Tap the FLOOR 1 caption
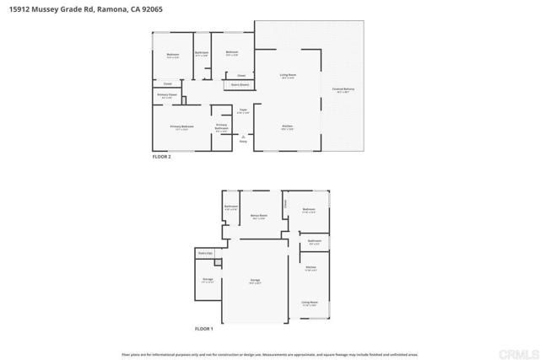(x=205, y=328)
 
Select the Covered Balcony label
(x=343, y=89)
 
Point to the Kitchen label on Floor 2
(x=288, y=127)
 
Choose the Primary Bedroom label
(x=182, y=127)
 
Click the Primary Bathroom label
(x=221, y=127)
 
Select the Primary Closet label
(x=165, y=95)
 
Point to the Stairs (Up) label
(x=203, y=253)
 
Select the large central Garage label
(x=255, y=281)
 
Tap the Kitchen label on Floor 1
(x=310, y=269)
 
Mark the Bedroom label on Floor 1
(x=309, y=210)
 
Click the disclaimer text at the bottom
(x=270, y=352)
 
